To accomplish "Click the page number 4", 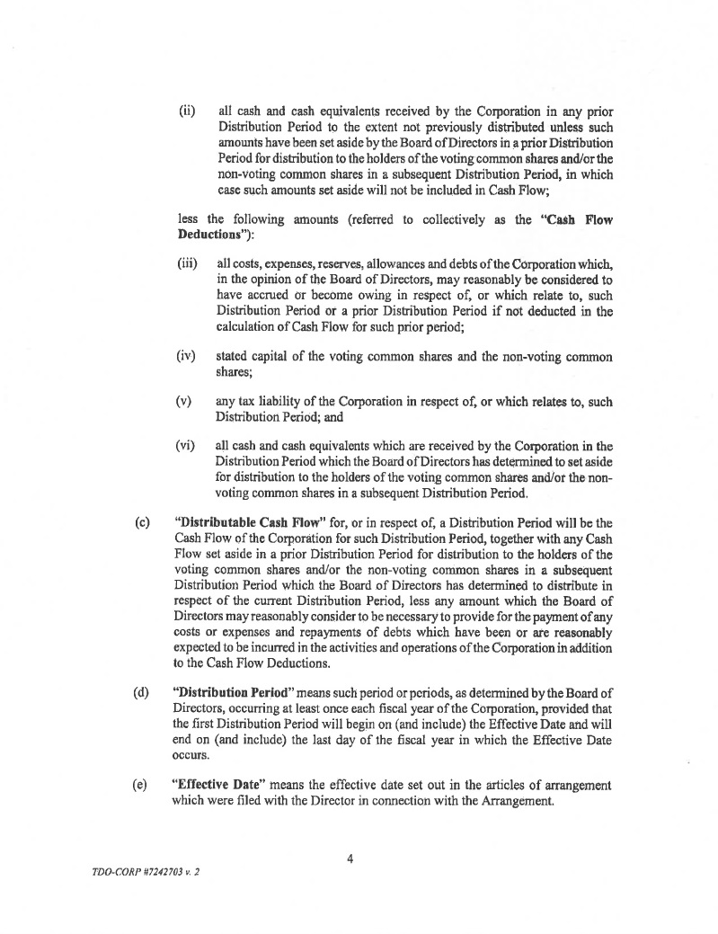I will [350, 858].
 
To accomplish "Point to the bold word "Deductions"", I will [209, 235].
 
